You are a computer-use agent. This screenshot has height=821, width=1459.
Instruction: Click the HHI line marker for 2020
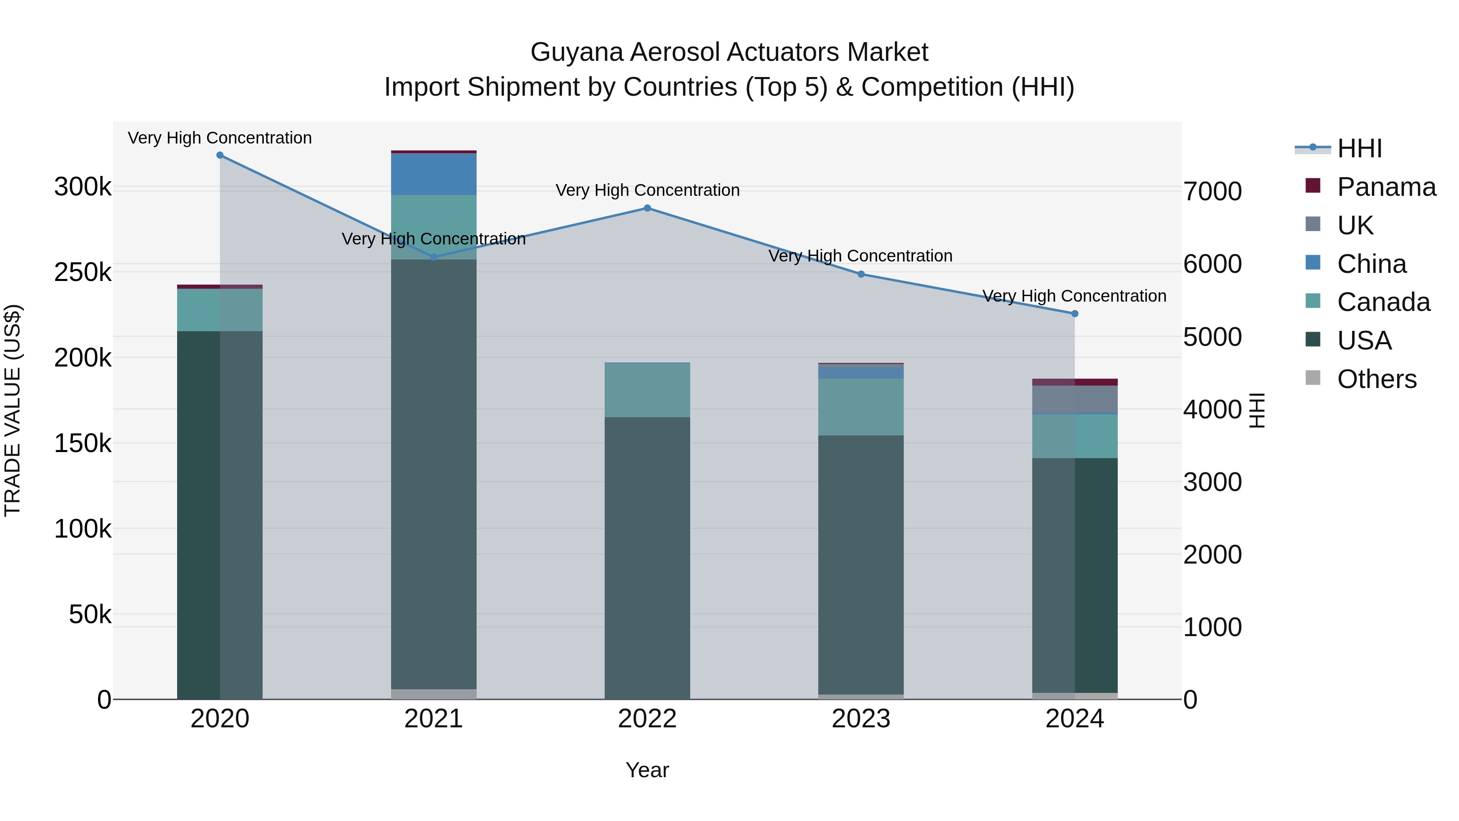(x=220, y=155)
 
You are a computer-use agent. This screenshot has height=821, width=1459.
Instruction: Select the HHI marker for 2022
(x=647, y=208)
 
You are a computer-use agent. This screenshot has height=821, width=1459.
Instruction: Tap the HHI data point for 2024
(x=1074, y=313)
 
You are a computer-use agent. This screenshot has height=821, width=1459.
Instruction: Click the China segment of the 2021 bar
(x=433, y=174)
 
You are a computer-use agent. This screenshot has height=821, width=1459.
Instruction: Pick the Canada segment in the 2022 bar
(x=647, y=390)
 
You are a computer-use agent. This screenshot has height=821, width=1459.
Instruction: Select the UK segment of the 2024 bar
(x=1074, y=399)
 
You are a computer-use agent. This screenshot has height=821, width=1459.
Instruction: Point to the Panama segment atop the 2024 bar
(x=1074, y=382)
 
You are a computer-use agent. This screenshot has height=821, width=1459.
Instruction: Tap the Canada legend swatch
(x=1313, y=301)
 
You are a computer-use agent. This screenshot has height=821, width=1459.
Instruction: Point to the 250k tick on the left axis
(x=83, y=272)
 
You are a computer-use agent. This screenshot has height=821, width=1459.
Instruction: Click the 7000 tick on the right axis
(x=1213, y=191)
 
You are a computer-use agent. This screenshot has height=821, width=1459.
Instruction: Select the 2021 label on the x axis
(x=433, y=719)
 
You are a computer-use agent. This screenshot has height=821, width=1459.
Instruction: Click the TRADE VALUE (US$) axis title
(x=13, y=410)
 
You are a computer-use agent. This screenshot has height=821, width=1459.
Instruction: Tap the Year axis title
(x=647, y=770)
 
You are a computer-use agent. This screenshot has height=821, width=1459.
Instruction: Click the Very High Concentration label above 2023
(x=860, y=256)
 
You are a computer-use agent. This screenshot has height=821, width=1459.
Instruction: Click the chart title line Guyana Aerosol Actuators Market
(x=729, y=52)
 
